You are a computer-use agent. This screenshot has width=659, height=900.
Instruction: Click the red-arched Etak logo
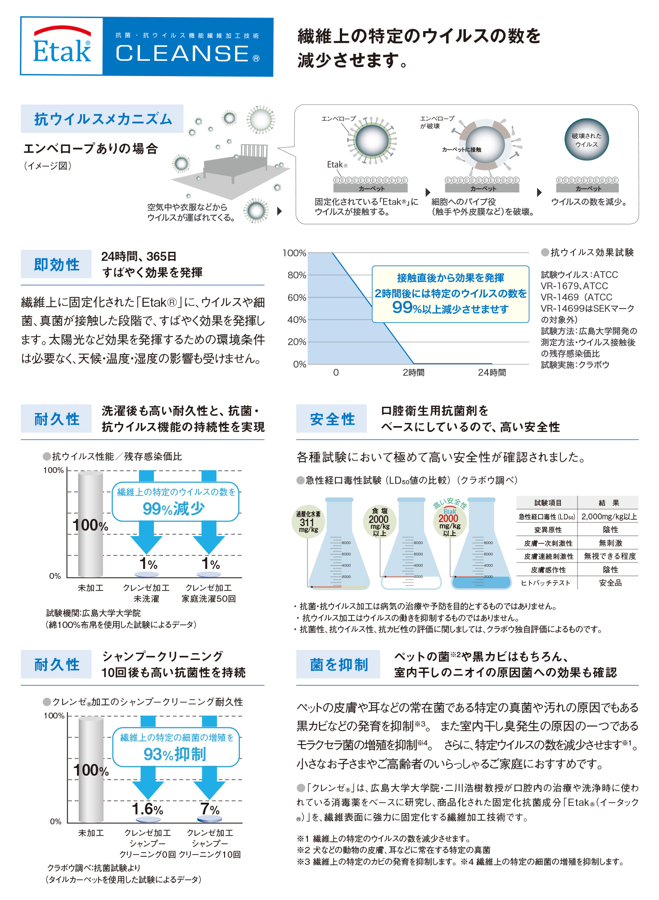click(62, 45)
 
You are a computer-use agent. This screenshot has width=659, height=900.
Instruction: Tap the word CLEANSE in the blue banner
click(182, 54)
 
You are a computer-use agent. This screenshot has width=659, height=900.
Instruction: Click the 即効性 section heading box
click(56, 264)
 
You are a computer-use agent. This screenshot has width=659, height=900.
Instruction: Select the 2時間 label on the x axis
click(413, 373)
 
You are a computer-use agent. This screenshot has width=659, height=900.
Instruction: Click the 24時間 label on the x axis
click(492, 373)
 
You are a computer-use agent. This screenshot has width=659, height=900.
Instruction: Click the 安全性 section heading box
click(332, 419)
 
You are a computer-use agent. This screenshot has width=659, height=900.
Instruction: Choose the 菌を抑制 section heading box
click(338, 664)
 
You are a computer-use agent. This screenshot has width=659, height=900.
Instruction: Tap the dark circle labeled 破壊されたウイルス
click(587, 140)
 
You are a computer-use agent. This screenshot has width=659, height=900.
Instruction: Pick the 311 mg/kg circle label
click(308, 522)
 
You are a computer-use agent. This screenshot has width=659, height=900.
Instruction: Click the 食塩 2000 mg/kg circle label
click(379, 522)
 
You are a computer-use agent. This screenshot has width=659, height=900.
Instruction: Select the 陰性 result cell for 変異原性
click(610, 530)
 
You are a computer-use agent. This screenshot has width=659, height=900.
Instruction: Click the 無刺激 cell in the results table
click(610, 543)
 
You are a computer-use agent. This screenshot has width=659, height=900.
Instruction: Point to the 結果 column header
click(609, 503)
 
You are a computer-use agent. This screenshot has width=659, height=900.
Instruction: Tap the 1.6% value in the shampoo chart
click(147, 809)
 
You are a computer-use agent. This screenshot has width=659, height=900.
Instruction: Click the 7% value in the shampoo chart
click(210, 809)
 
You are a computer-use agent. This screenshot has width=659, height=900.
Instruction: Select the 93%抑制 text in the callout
click(175, 754)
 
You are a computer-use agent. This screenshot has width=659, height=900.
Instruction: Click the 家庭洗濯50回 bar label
click(209, 599)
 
